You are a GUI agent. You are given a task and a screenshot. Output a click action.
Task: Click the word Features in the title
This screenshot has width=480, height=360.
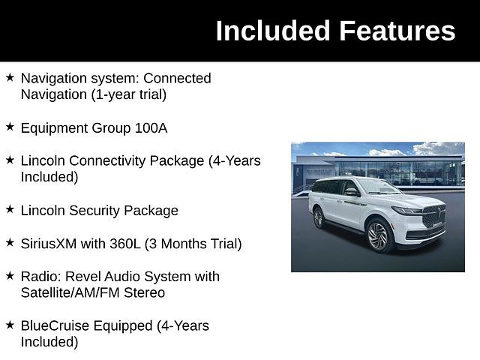pyautogui.click(x=397, y=31)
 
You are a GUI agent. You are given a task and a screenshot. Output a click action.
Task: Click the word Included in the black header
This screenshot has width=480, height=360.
pyautogui.click(x=273, y=31)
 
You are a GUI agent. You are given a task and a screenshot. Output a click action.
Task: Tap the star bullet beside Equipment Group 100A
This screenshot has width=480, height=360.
pyautogui.click(x=10, y=127)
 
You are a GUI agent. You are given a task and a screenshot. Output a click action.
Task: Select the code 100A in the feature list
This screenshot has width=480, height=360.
pyautogui.click(x=151, y=128)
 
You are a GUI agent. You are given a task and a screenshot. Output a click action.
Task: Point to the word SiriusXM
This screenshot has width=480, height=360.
pyautogui.click(x=48, y=244)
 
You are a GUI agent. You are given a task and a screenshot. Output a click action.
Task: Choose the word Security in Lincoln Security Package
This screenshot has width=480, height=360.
pyautogui.click(x=97, y=211)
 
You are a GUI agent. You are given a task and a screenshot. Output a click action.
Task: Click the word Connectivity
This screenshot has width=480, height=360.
pyautogui.click(x=136, y=161)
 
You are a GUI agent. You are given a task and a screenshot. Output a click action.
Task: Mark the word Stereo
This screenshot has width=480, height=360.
pyautogui.click(x=145, y=293)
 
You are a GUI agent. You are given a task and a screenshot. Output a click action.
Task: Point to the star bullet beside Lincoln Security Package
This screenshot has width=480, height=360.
pyautogui.click(x=10, y=209)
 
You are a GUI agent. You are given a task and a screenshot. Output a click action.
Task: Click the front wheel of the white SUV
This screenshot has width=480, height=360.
pyautogui.click(x=378, y=235)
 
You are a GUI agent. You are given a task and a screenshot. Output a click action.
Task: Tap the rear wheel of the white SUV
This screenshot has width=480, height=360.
pyautogui.click(x=319, y=218)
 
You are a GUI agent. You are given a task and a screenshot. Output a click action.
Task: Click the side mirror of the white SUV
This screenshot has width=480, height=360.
pyautogui.click(x=352, y=192)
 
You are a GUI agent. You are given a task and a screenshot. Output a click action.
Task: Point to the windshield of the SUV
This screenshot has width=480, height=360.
pyautogui.click(x=379, y=187)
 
